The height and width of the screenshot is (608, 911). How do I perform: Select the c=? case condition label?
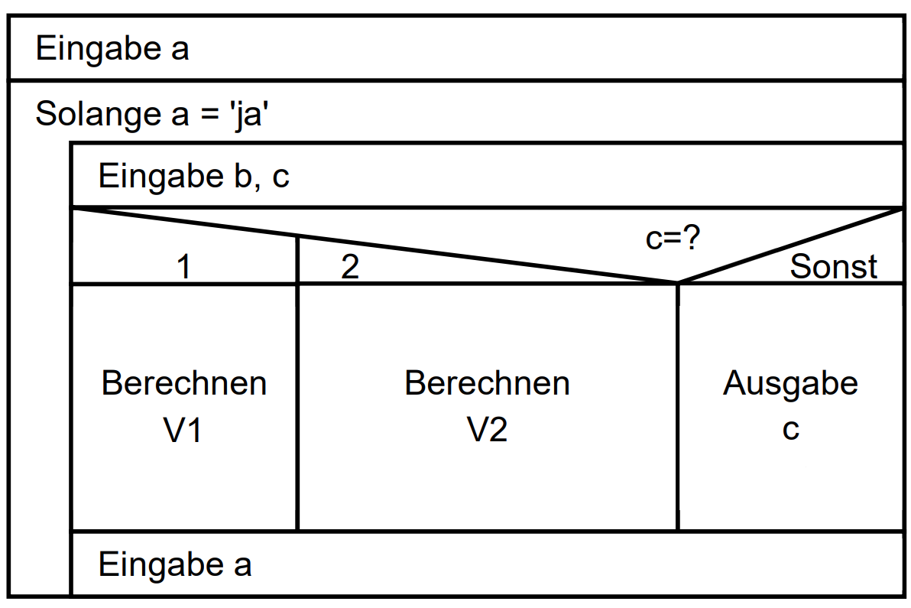[x=673, y=239]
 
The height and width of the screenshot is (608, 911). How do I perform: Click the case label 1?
[x=183, y=268]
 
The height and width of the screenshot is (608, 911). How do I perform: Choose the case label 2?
[x=350, y=268]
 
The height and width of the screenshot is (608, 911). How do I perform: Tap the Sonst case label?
[x=833, y=267]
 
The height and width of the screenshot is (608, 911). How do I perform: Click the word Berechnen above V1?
[x=184, y=382]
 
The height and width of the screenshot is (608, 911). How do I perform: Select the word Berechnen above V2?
[x=487, y=382]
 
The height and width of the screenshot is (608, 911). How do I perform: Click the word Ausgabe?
[x=790, y=382]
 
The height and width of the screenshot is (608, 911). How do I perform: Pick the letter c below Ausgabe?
[x=790, y=430]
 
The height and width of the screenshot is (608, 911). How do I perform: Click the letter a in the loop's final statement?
[x=242, y=567]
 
